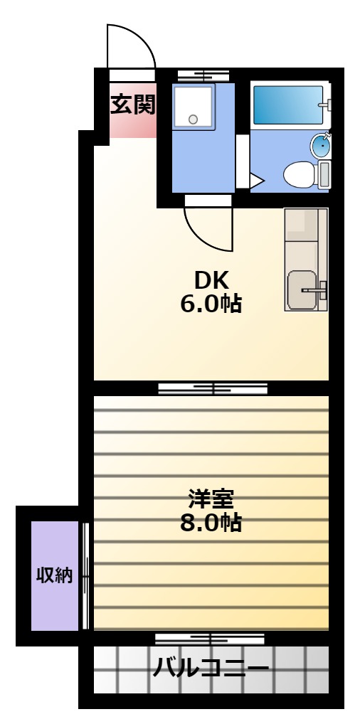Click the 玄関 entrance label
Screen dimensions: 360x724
(132, 105)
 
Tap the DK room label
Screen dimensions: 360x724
(211, 280)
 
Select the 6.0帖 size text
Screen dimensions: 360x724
(211, 304)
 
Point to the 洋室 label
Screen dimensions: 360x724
(211, 499)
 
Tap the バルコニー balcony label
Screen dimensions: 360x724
(211, 668)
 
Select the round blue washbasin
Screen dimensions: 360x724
(319, 145)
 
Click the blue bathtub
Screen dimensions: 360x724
(288, 105)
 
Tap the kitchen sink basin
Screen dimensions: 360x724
(302, 290)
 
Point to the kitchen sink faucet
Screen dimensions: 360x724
(316, 290)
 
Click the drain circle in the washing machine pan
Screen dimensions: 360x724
(194, 119)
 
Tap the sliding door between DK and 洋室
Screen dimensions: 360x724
(213, 388)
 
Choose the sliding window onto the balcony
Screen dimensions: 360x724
(209, 639)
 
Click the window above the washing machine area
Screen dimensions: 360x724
(203, 75)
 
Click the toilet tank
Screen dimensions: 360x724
(324, 175)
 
